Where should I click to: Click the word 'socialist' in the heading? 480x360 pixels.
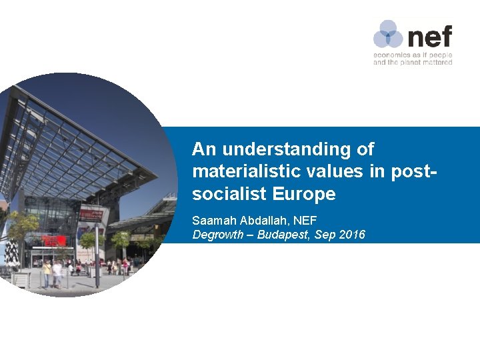[x=228, y=194]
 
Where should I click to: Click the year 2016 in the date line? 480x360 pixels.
[x=353, y=234]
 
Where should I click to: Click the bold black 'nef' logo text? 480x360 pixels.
[x=429, y=35]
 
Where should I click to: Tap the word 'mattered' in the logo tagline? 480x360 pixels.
[x=437, y=62]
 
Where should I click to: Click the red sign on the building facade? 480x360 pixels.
[x=50, y=239]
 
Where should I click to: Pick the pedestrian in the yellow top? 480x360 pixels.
[x=47, y=270]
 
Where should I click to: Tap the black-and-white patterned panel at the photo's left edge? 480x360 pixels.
[x=11, y=252]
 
